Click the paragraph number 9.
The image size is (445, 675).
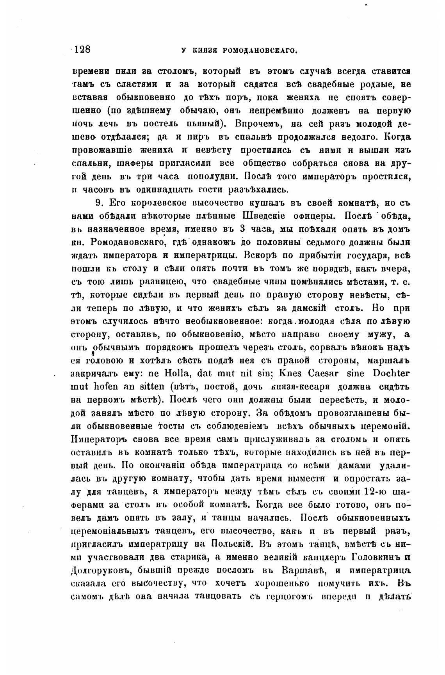pyautogui.click(x=98, y=203)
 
